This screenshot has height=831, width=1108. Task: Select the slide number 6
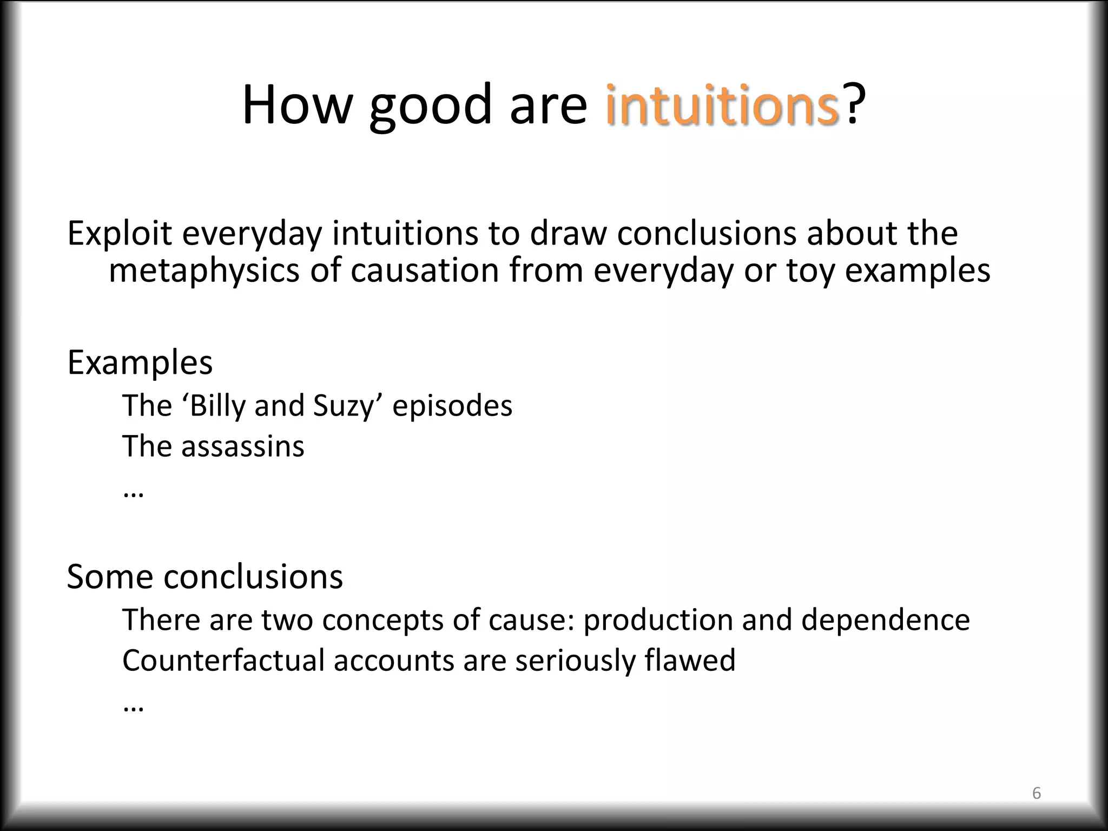tap(1037, 793)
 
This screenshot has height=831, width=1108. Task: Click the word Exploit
tap(119, 234)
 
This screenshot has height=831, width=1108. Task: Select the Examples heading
tap(140, 362)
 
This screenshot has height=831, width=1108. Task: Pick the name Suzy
tap(344, 406)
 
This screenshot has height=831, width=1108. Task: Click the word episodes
tap(452, 406)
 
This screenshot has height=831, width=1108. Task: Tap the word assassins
tap(242, 447)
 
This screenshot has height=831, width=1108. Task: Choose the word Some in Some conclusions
tap(109, 577)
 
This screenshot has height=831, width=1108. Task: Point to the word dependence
tap(885, 620)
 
